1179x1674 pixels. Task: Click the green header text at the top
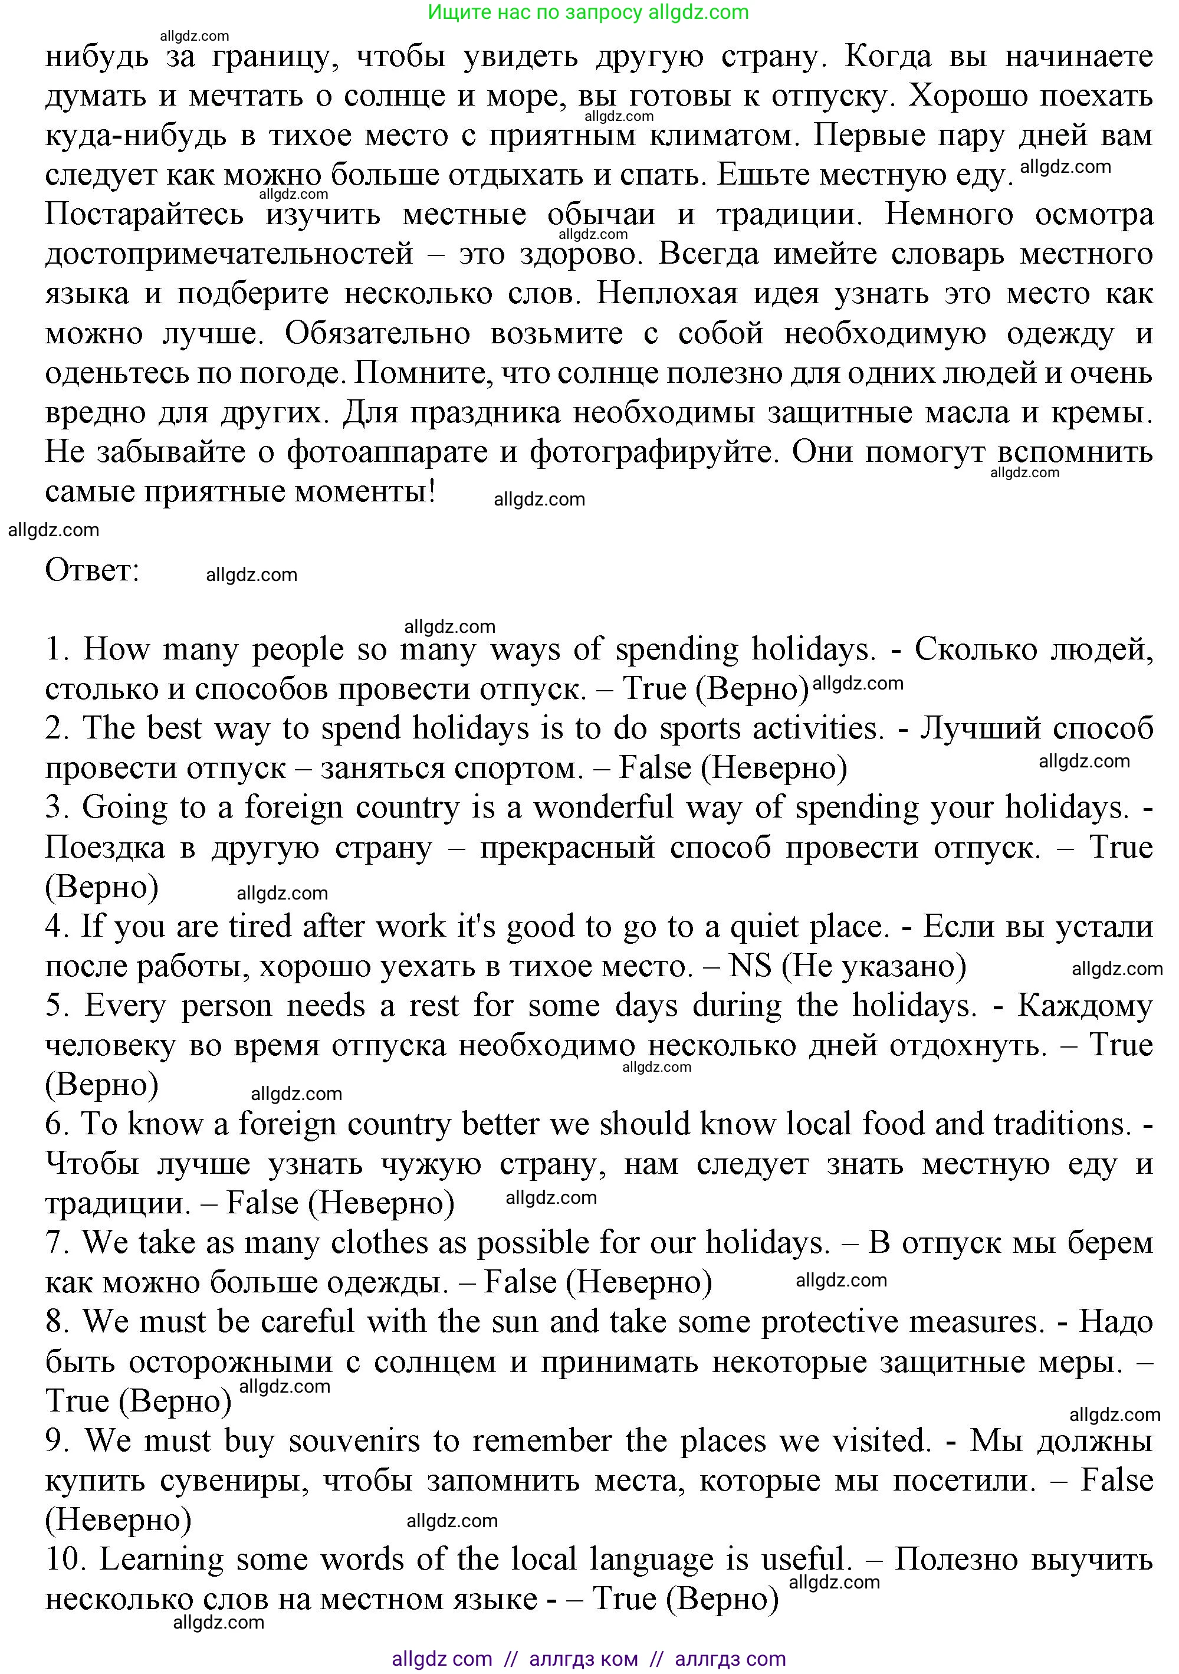pyautogui.click(x=589, y=12)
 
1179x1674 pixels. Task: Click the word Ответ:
pyautogui.click(x=92, y=570)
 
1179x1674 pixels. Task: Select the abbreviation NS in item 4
pyautogui.click(x=750, y=966)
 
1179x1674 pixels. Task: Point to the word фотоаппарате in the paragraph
pyautogui.click(x=387, y=452)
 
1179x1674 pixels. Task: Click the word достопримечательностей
pyautogui.click(x=229, y=254)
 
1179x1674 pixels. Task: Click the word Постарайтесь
pyautogui.click(x=144, y=214)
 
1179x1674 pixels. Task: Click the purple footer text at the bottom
pyautogui.click(x=589, y=1659)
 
